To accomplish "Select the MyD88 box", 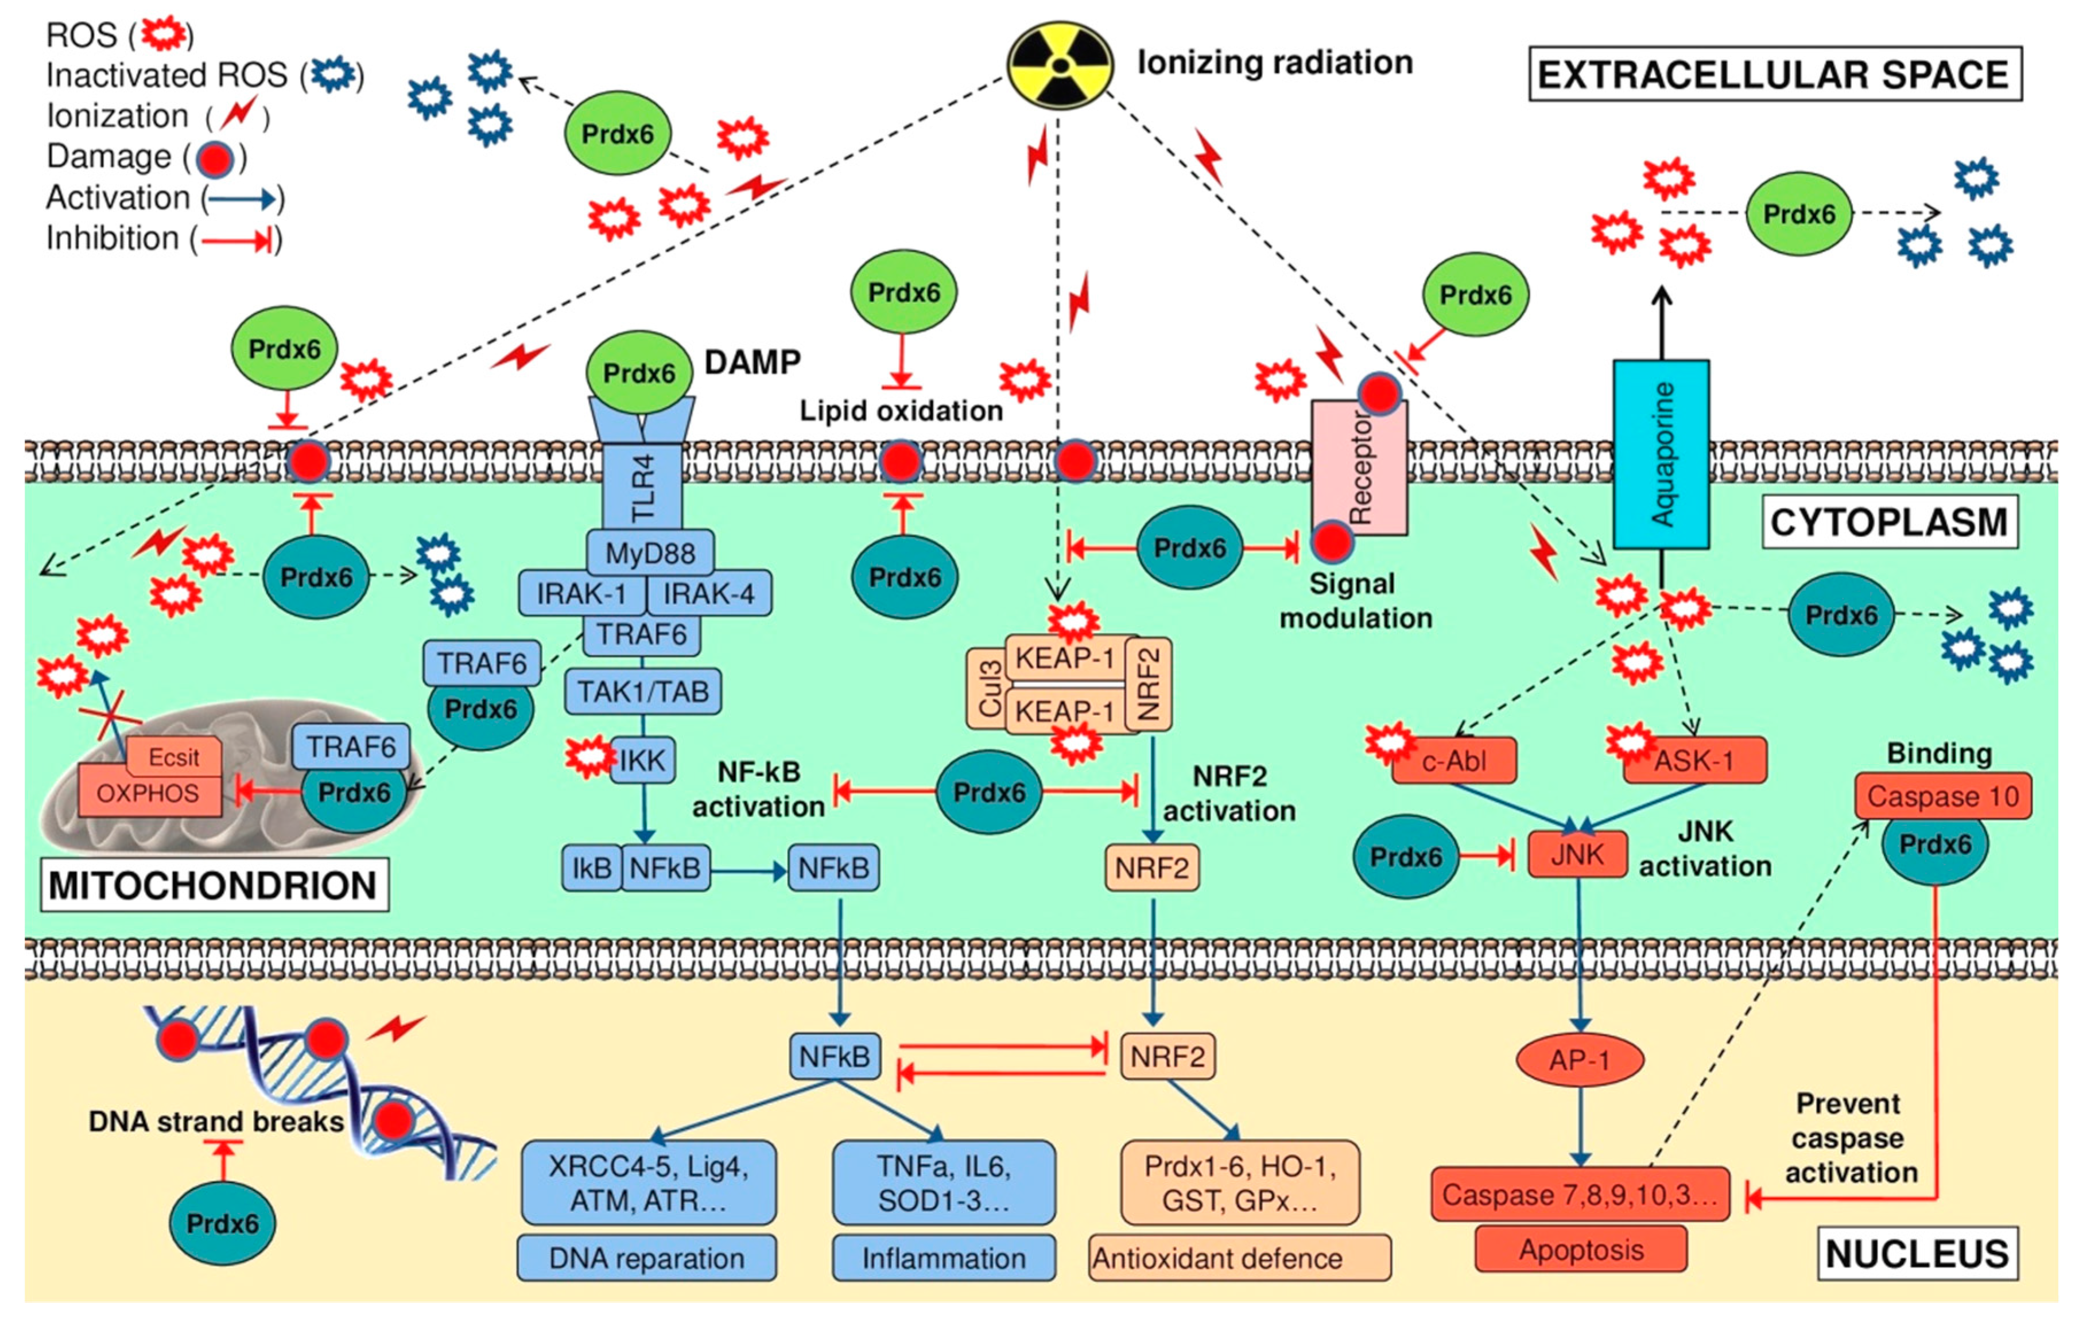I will coord(650,552).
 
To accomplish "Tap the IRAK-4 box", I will coord(708,594).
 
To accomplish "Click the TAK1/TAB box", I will coord(643,692).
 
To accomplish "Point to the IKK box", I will coord(643,760).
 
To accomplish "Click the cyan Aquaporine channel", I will coord(1661,454).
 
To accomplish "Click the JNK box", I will coord(1578,855).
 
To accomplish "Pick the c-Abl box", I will coord(1455,761).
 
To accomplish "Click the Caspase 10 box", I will coord(1942,796).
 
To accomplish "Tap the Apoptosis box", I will coord(1580,1249).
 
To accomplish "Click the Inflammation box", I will coord(944,1258).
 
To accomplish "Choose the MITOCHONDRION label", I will coord(214,885).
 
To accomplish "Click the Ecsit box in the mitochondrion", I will coord(173,757).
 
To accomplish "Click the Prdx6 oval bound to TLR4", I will coord(638,373).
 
